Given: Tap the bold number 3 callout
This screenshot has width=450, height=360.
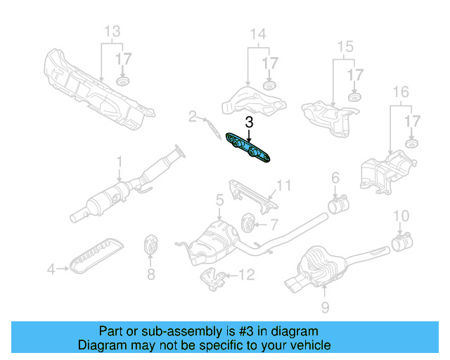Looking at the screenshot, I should pyautogui.click(x=249, y=122).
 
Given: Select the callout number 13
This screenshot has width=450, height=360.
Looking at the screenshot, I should pyautogui.click(x=112, y=32).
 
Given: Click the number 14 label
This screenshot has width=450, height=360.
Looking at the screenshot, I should pyautogui.click(x=258, y=34).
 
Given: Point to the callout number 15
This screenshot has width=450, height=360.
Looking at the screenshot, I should pyautogui.click(x=345, y=47).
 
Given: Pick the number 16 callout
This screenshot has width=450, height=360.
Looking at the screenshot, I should pyautogui.click(x=400, y=91).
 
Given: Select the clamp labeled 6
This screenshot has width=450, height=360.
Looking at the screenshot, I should pyautogui.click(x=337, y=205).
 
